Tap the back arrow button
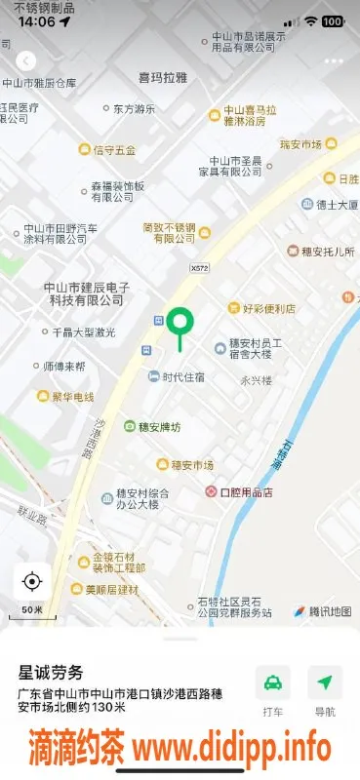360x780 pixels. click(x=26, y=61)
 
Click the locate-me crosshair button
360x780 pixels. click(x=31, y=582)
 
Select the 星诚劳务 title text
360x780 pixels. click(x=52, y=673)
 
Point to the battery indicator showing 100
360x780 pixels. click(x=332, y=20)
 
